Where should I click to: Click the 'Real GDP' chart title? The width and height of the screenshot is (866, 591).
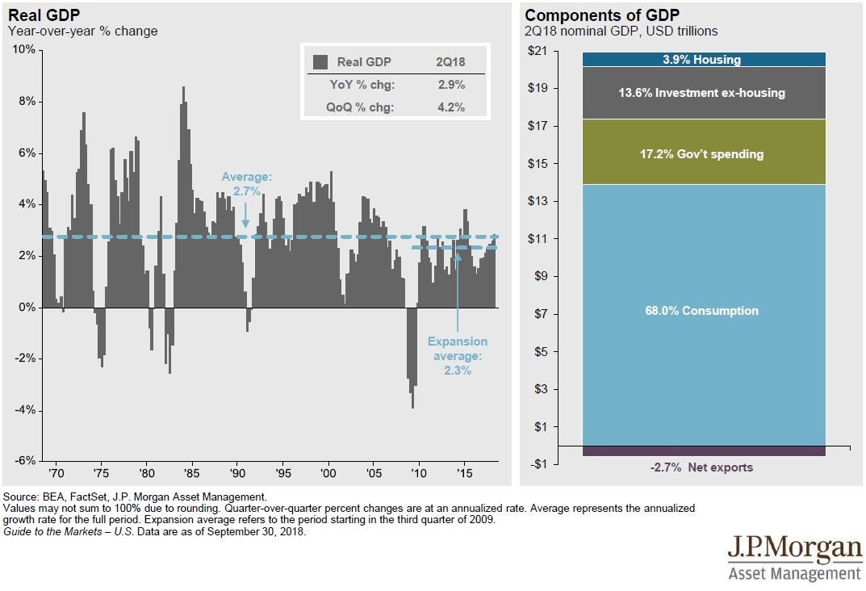point(40,15)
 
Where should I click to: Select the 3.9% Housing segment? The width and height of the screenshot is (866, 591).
point(702,60)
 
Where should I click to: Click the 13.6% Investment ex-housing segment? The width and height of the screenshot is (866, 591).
point(702,93)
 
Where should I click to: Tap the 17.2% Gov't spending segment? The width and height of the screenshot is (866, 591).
point(702,153)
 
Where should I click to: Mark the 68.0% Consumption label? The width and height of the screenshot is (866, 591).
point(702,311)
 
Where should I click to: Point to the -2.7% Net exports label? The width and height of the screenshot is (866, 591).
point(701,467)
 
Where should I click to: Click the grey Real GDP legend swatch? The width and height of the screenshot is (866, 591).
point(320,62)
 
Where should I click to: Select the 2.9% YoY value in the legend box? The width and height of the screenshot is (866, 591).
point(450,85)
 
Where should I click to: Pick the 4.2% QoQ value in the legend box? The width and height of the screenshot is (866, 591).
point(450,107)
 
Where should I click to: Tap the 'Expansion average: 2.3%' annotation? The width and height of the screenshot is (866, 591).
point(457,355)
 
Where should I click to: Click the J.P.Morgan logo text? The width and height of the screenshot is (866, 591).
point(794,550)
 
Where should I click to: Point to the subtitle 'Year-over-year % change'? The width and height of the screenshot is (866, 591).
point(83,31)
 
